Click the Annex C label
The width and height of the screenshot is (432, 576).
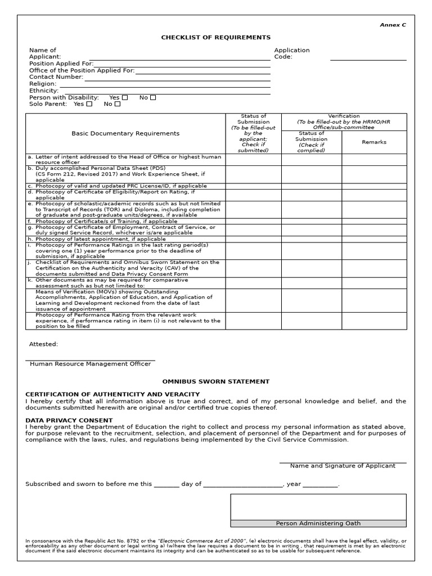coord(393,25)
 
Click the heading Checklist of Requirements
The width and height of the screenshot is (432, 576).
coord(216,38)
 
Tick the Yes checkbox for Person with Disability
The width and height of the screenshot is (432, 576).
coord(125,98)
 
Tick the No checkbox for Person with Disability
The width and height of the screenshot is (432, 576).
coord(153,98)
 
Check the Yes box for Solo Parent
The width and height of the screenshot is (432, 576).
coord(89,104)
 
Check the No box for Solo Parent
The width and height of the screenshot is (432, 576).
coord(118,104)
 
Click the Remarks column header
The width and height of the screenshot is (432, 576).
coord(374,142)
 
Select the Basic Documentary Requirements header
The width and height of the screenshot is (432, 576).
coord(125,134)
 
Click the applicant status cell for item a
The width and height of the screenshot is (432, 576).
coord(253,159)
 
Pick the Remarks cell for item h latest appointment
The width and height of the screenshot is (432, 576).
coord(374,239)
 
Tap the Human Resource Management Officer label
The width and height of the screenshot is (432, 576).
coord(90,364)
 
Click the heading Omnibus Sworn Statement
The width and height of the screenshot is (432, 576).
coord(216,382)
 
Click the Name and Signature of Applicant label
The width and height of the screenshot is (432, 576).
coord(343,466)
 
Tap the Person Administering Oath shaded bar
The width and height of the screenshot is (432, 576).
coord(318,524)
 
